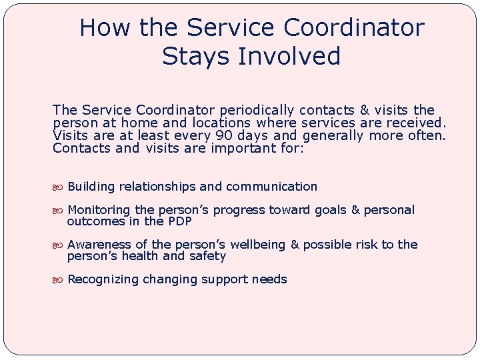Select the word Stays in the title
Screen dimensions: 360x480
(x=192, y=56)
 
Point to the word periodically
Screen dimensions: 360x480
(x=257, y=110)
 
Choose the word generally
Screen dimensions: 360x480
(x=333, y=136)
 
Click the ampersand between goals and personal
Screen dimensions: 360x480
(x=355, y=210)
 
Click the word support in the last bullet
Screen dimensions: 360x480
(x=225, y=280)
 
